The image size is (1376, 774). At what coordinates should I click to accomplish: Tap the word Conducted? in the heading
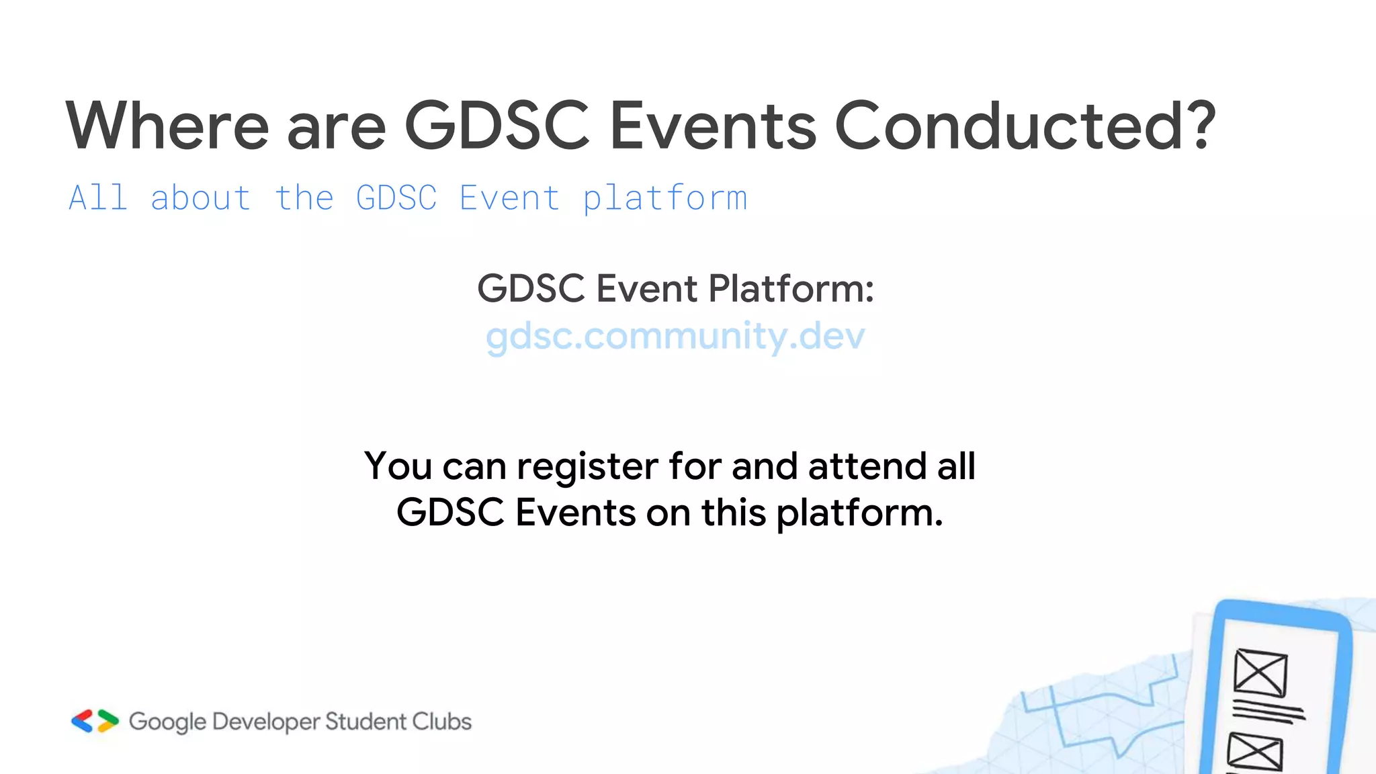tap(1025, 126)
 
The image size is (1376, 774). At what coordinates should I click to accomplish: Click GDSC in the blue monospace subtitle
tap(396, 198)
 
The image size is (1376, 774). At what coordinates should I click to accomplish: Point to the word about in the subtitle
tap(201, 198)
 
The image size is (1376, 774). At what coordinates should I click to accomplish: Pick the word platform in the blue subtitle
tap(664, 200)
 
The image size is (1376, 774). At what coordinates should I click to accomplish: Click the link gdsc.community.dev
tap(675, 336)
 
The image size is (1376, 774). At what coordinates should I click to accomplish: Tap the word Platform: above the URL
tap(791, 289)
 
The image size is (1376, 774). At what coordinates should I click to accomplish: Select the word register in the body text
tap(587, 467)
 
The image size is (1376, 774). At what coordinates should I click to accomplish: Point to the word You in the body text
tap(398, 466)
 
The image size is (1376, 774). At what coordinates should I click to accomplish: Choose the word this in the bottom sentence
tap(734, 513)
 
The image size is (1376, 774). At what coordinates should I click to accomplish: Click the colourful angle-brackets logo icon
tap(95, 721)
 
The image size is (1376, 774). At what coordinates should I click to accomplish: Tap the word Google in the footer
tap(167, 722)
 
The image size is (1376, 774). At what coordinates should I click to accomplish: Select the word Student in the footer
tap(365, 722)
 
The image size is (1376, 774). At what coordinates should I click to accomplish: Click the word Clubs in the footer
tap(441, 722)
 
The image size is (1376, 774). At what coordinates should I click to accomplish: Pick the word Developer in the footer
tap(265, 722)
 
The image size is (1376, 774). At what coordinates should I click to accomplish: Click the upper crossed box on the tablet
tap(1260, 673)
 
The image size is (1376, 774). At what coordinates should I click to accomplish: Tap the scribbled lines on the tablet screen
tap(1267, 712)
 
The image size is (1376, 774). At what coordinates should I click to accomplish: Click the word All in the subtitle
tap(98, 198)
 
